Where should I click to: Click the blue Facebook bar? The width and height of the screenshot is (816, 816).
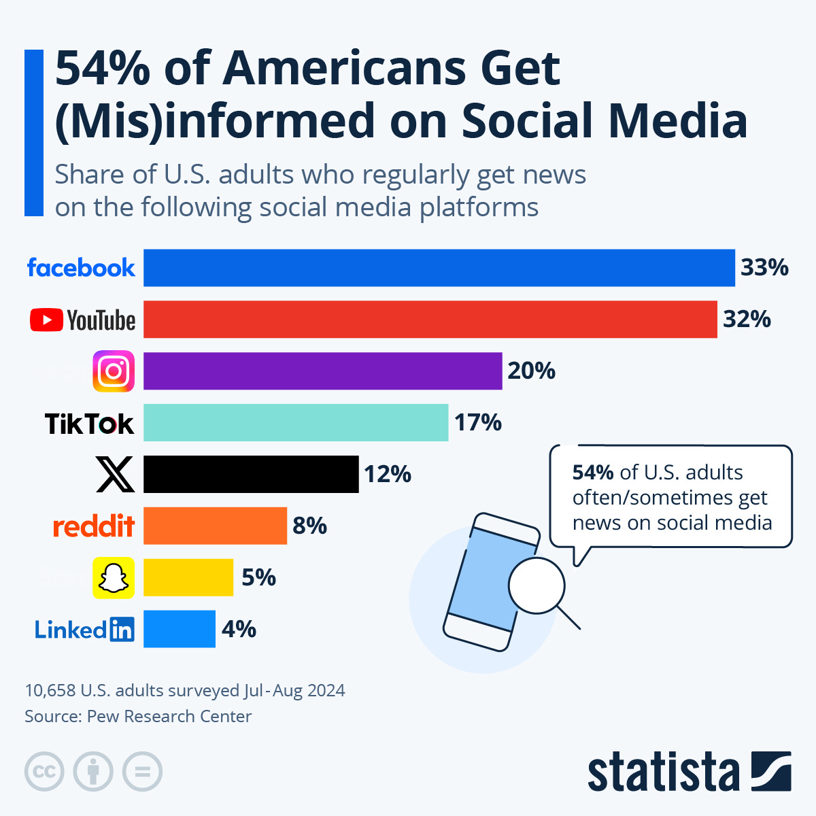[x=439, y=268]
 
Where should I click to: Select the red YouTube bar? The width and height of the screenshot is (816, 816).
[x=430, y=319]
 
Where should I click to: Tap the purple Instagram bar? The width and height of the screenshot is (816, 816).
[x=322, y=371]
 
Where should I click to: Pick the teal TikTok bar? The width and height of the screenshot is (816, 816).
[x=296, y=422]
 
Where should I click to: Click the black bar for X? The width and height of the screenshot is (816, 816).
[x=251, y=474]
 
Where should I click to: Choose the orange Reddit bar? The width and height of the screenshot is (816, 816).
[x=215, y=526]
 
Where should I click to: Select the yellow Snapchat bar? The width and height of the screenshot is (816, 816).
[x=188, y=577]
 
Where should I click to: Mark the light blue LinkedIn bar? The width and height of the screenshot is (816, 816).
[x=180, y=629]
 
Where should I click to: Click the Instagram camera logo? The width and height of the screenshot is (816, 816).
[x=114, y=371]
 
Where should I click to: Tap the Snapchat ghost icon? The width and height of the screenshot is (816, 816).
[x=114, y=578]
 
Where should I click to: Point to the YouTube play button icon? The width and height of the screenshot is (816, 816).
[x=46, y=320]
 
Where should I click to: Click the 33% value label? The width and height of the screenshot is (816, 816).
[x=764, y=268]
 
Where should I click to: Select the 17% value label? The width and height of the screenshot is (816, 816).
[x=478, y=422]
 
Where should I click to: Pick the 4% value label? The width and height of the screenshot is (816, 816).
[x=239, y=629]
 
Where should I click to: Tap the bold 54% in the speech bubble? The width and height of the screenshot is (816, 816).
[x=593, y=473]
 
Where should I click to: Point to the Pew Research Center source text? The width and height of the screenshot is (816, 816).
[x=169, y=716]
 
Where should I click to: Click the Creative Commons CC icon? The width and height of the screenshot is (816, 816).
[x=44, y=772]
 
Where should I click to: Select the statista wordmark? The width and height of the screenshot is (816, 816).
[x=663, y=772]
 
